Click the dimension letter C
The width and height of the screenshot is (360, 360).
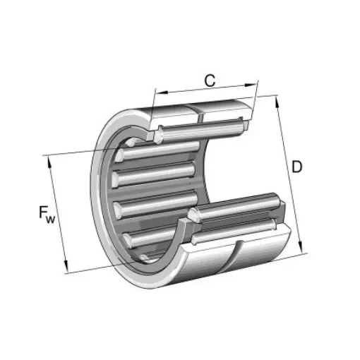[210, 80]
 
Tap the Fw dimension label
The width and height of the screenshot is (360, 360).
[43, 212]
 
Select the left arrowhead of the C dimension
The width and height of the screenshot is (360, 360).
[157, 92]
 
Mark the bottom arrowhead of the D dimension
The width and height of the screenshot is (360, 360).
[304, 248]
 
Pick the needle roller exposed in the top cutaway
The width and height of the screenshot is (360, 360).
[201, 127]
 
